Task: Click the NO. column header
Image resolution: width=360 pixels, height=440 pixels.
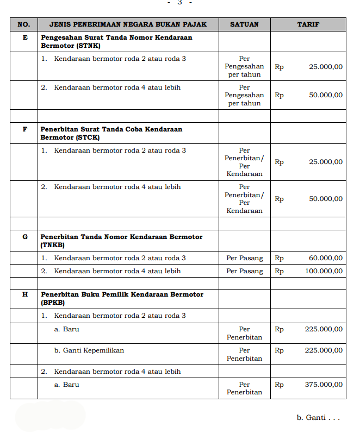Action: (x=24, y=24)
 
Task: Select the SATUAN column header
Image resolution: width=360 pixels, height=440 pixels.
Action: (x=244, y=24)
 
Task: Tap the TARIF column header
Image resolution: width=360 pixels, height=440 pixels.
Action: (x=308, y=24)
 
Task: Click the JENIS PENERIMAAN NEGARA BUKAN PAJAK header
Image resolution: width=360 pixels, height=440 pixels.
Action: (x=128, y=24)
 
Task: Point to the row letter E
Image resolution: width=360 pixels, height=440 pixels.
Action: (x=24, y=38)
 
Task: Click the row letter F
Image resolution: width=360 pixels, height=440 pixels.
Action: (x=24, y=130)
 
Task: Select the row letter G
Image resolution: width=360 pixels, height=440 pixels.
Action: (x=24, y=237)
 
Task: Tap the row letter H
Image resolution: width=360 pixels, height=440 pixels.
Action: (x=24, y=294)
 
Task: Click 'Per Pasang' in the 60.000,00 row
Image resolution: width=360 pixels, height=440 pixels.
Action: (x=244, y=258)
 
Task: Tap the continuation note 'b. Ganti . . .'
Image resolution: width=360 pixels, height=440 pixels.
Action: (x=318, y=418)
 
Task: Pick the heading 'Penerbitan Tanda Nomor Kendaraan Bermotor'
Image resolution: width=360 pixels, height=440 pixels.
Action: (x=121, y=237)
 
